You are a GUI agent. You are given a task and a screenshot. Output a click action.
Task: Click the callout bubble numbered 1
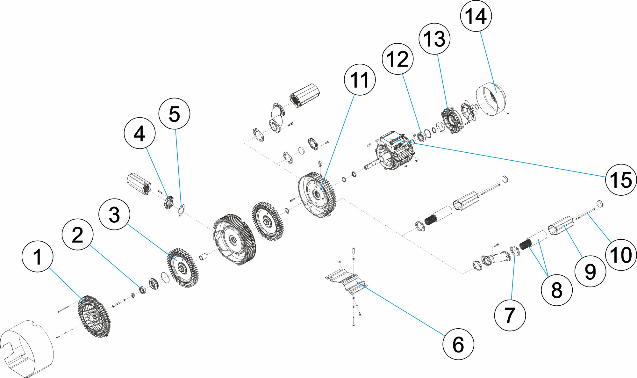tap(38, 256)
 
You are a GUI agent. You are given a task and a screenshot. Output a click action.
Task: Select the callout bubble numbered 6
tap(458, 344)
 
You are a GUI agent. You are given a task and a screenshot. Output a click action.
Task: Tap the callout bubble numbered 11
tap(360, 79)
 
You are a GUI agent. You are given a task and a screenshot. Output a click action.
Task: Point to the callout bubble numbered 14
tap(476, 16)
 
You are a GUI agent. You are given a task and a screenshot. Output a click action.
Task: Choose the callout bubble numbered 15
tap(621, 180)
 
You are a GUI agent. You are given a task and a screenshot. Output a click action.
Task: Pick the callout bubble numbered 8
tap(556, 290)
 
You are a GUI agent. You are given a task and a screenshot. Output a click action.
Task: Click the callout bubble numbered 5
tap(174, 113)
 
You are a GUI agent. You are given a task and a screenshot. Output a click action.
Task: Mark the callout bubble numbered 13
tap(434, 39)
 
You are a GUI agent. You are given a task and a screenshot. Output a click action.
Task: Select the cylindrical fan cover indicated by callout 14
tap(490, 99)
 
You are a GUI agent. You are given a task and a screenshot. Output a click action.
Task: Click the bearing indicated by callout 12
tap(421, 136)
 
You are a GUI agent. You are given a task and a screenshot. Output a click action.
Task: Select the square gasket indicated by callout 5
tap(181, 211)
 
